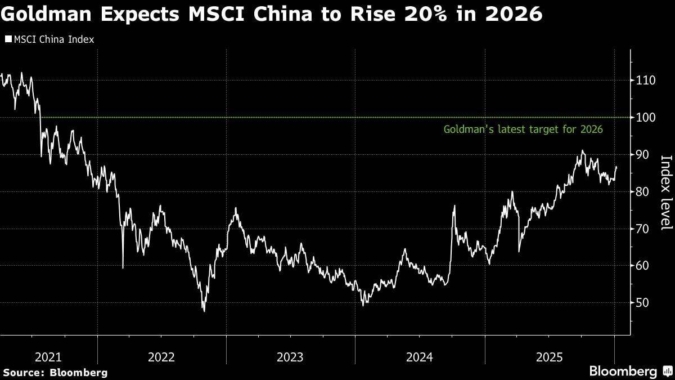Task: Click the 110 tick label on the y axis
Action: tap(645, 81)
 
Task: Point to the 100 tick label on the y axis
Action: tap(645, 118)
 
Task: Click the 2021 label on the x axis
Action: tap(48, 357)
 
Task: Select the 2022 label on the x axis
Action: tap(161, 357)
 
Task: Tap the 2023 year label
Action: tap(290, 357)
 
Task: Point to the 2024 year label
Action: tap(420, 357)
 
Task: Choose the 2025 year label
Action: tap(550, 357)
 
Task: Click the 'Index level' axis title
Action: tap(667, 193)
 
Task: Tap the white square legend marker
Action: tap(8, 39)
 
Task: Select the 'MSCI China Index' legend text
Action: tap(54, 39)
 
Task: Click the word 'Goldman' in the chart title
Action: tap(46, 14)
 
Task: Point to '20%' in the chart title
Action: tap(425, 14)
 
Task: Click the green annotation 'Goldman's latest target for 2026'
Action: tap(524, 129)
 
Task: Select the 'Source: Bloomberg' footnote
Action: tap(55, 373)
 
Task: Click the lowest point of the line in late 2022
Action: tap(204, 311)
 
